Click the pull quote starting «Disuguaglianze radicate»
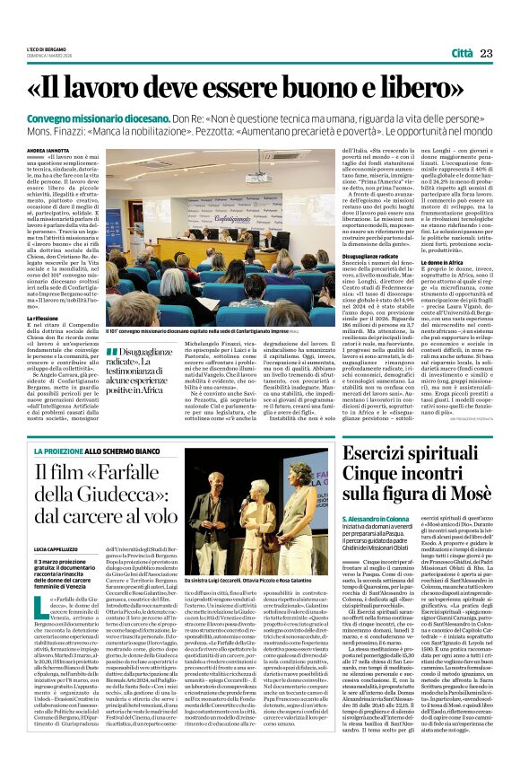tap(140, 365)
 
